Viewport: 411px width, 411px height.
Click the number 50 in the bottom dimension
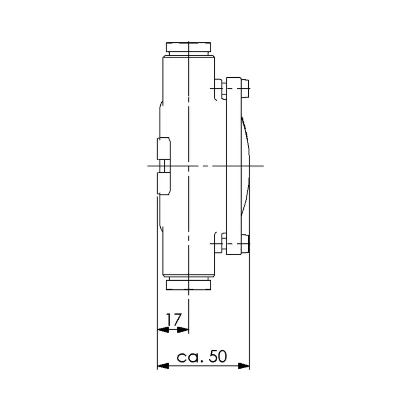[217, 356]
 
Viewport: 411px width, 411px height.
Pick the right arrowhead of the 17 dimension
[185, 329]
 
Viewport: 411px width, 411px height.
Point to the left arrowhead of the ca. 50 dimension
[163, 365]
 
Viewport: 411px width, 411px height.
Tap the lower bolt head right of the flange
[245, 243]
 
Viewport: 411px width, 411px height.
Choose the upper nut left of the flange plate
[223, 88]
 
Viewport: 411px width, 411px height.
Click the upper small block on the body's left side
[164, 148]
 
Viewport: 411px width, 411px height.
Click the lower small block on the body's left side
[164, 183]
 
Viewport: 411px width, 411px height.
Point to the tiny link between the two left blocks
[164, 166]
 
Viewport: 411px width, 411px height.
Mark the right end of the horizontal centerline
[262, 166]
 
